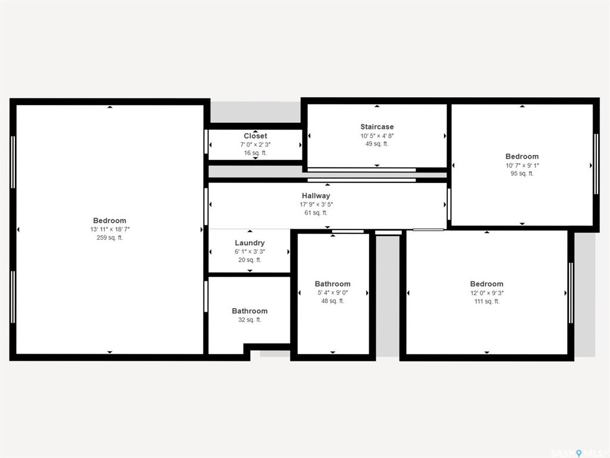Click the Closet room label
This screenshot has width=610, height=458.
pos(255,136)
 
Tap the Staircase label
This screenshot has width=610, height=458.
pos(377,127)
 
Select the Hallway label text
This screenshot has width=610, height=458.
pos(316,196)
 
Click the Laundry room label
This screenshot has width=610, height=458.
pos(250,243)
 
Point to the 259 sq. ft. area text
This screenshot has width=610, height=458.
pos(110,237)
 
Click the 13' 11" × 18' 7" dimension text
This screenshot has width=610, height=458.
pos(110,229)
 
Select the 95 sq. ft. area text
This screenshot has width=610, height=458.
pos(522,174)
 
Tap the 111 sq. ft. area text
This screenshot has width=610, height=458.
pos(487,301)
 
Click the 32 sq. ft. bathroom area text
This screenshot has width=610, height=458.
pos(250,320)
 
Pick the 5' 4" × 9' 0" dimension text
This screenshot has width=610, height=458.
pos(333,293)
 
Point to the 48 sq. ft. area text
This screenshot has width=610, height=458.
pos(333,301)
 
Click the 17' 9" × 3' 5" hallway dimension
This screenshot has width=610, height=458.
pos(316,205)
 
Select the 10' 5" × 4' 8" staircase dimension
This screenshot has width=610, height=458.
pos(377,136)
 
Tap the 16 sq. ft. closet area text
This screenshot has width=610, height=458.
pos(255,153)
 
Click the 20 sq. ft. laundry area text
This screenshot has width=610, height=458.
pos(250,260)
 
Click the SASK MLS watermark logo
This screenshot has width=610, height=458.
pos(577,453)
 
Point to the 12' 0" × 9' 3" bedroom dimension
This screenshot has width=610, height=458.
pos(487,293)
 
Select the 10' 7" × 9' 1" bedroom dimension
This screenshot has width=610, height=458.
pos(522,165)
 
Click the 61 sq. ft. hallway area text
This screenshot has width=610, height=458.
pos(316,213)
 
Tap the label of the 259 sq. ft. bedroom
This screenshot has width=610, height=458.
pos(110,221)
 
